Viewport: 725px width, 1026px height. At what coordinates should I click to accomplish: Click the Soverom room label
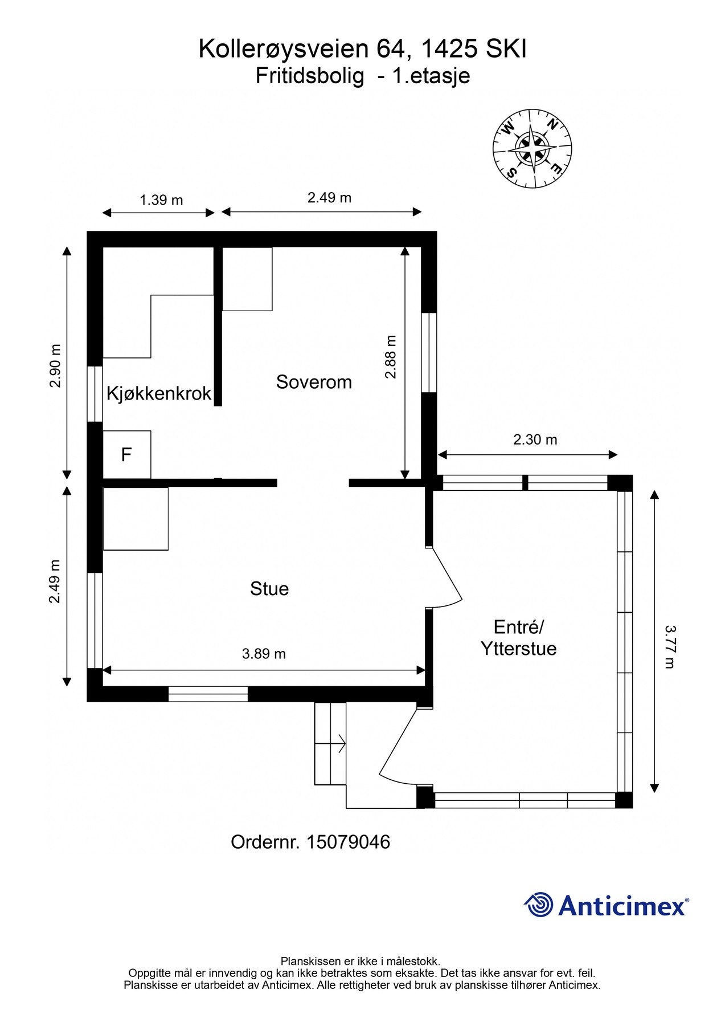tap(314, 382)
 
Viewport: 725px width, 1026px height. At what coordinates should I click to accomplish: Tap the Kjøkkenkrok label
tap(159, 393)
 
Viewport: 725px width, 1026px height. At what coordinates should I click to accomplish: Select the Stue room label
tap(269, 589)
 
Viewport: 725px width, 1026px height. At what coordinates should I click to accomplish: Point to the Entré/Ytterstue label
tap(518, 638)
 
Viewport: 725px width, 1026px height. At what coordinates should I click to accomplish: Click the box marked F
tap(126, 455)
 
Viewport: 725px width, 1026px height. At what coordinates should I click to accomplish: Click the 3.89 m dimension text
tap(264, 654)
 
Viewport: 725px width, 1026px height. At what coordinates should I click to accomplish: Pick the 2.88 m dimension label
tap(391, 357)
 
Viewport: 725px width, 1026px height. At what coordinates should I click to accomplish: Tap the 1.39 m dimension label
tap(161, 200)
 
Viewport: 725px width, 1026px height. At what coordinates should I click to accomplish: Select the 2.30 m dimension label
tap(535, 439)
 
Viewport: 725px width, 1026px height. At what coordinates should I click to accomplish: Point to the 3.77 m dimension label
tap(670, 646)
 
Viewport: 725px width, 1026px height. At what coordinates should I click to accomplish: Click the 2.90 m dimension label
tap(55, 366)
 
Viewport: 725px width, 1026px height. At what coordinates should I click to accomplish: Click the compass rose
tap(532, 148)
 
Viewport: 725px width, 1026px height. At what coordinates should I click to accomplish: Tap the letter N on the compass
tap(552, 124)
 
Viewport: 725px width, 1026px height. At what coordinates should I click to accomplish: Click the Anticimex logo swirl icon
tap(539, 905)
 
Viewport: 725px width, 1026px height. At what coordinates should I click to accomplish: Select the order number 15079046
tap(348, 842)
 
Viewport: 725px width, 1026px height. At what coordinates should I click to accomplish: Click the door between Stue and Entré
tap(445, 576)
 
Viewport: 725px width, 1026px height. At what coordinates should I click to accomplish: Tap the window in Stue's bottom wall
tap(208, 694)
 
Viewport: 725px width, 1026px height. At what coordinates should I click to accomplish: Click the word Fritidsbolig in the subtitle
tap(309, 76)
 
